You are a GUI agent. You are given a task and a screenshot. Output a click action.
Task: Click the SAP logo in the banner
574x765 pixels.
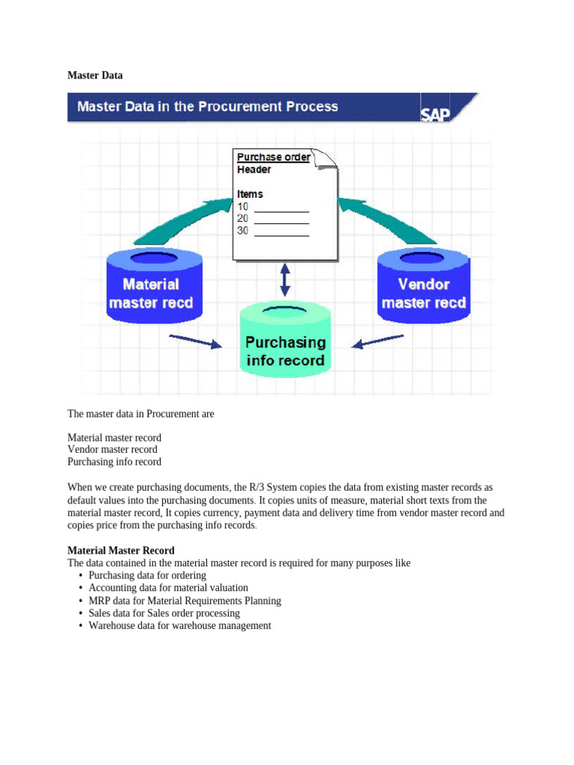(435, 114)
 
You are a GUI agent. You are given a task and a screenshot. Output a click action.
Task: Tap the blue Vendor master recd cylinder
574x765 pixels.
(424, 288)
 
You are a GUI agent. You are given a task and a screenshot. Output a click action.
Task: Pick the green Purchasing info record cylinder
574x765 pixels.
(286, 344)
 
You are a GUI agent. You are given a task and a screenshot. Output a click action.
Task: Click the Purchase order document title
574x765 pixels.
(273, 157)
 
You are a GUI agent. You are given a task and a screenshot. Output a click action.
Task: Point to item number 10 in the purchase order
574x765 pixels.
(243, 207)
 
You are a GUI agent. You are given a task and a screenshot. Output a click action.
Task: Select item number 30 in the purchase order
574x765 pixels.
(243, 231)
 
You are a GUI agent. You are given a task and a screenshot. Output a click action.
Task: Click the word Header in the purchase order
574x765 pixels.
(254, 170)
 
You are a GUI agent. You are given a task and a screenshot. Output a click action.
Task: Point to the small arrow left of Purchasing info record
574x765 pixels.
(196, 341)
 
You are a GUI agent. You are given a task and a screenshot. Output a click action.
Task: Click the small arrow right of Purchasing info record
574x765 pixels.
(378, 342)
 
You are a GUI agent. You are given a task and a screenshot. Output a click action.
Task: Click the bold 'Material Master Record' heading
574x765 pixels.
(121, 551)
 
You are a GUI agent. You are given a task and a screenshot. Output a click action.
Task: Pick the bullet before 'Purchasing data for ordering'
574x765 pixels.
(80, 576)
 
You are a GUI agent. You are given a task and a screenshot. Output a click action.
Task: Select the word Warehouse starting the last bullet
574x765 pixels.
(110, 625)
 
